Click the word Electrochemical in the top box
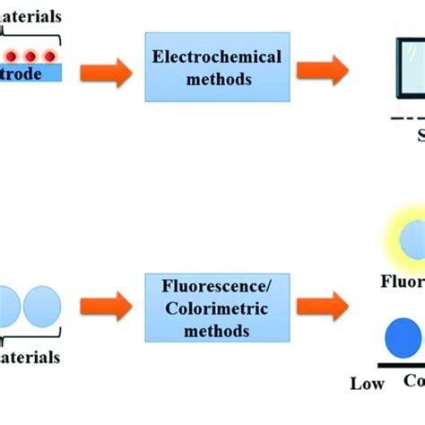point(217,57)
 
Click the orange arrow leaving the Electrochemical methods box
point(322,70)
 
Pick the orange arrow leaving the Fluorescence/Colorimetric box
point(322,305)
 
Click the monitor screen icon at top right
point(411,67)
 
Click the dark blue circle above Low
point(403,341)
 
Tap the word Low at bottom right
point(367,384)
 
